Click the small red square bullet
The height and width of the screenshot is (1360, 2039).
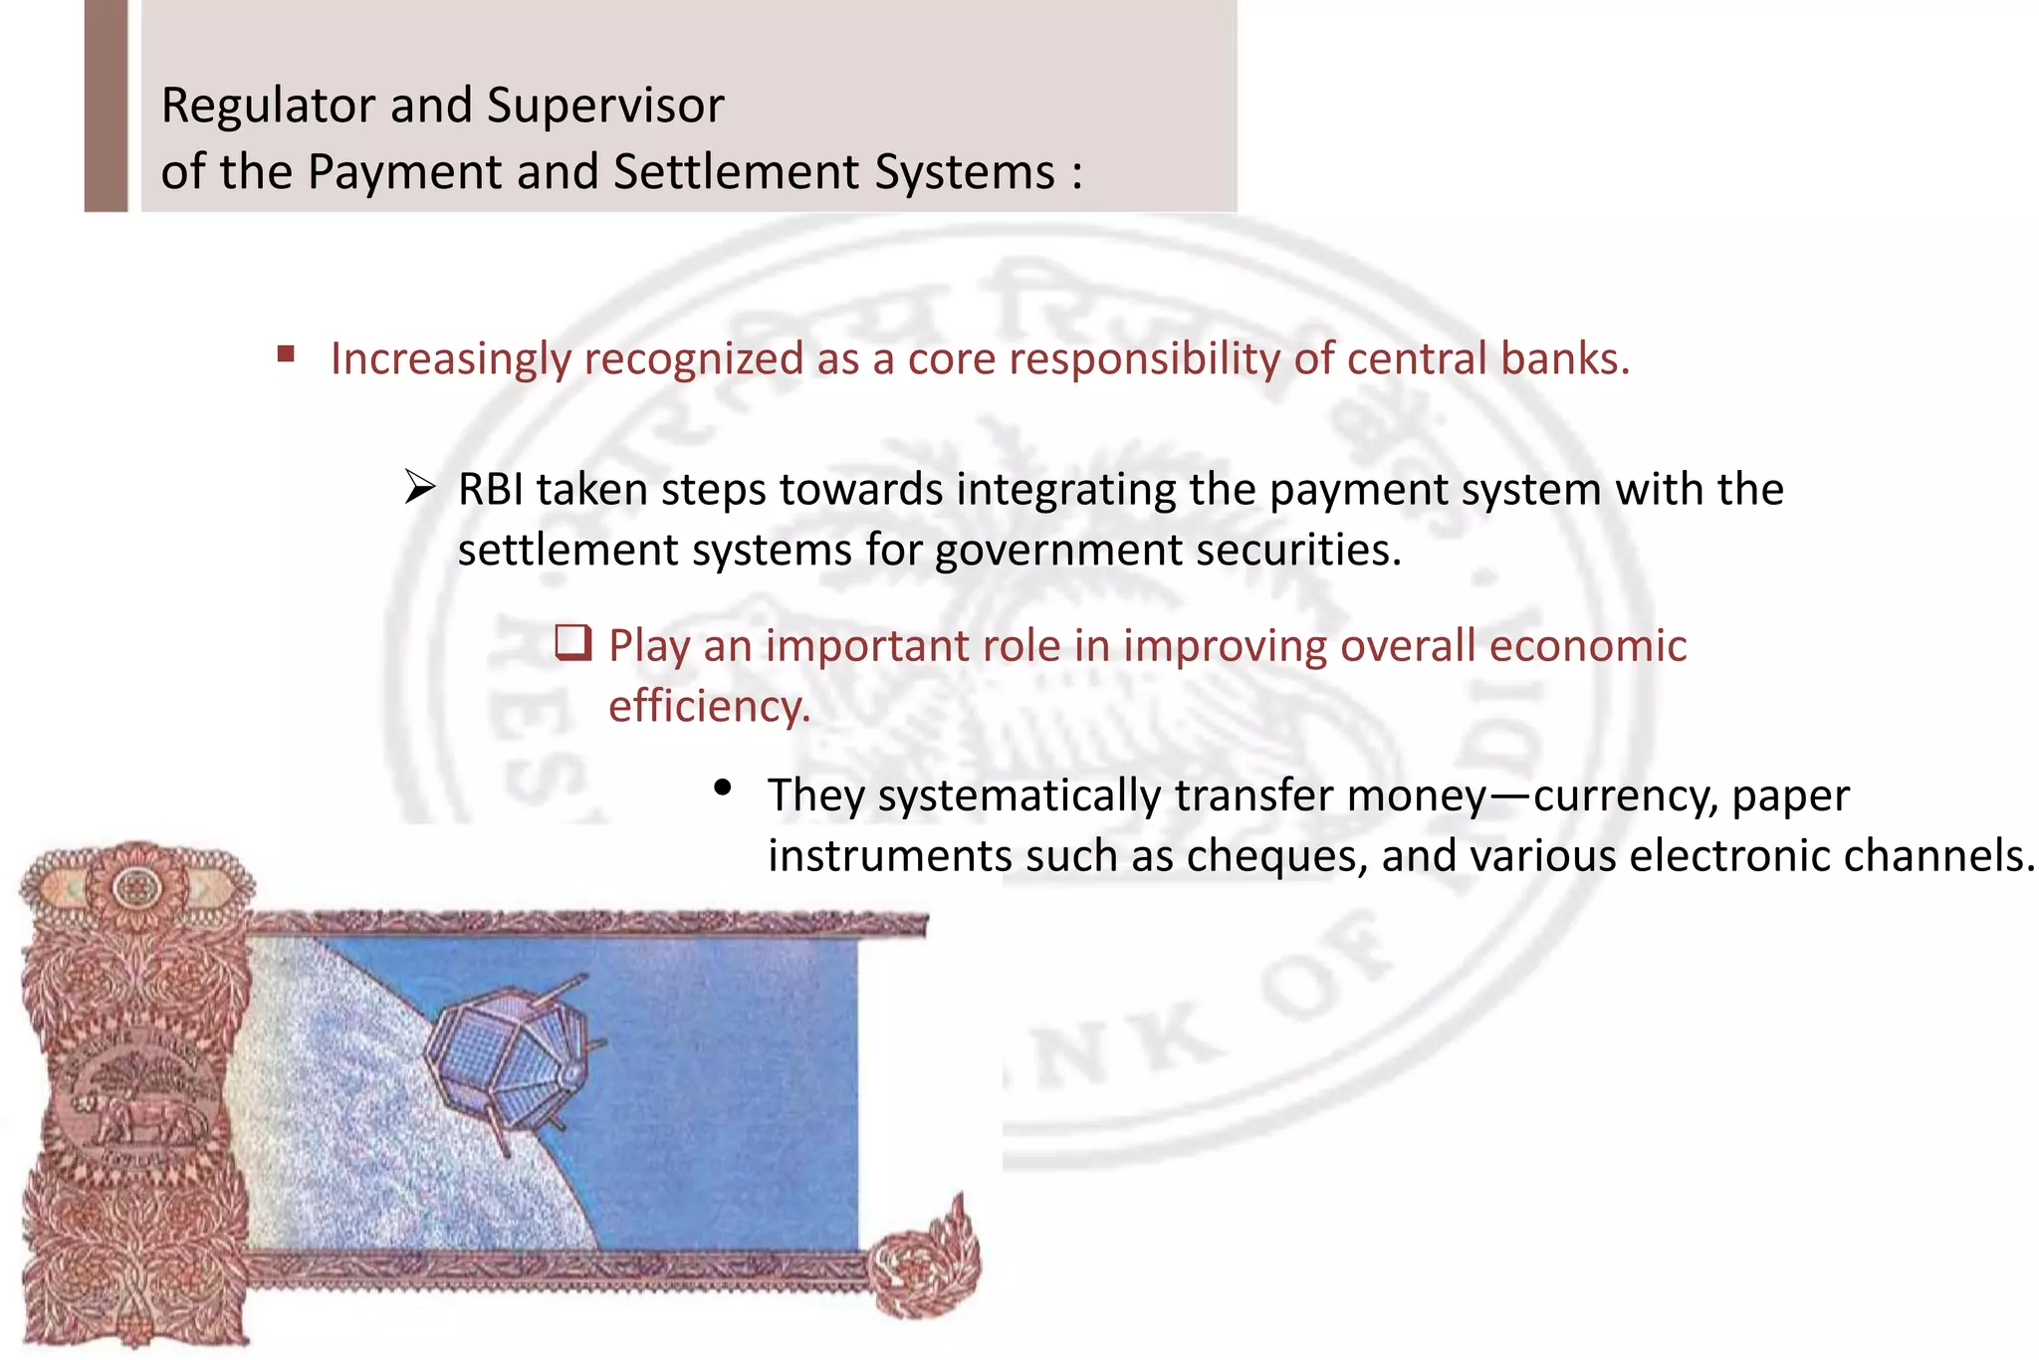[x=287, y=353]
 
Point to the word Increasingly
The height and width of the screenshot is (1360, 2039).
[x=451, y=359]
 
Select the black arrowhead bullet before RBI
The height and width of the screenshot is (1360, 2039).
[x=420, y=488]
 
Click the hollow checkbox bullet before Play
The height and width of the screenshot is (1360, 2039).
[x=573, y=643]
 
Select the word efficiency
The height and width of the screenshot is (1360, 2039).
[x=709, y=707]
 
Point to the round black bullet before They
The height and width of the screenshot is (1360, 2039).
[x=723, y=790]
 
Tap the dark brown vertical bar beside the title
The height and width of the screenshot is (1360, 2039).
[x=106, y=106]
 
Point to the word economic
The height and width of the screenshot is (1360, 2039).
[x=1587, y=646]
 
